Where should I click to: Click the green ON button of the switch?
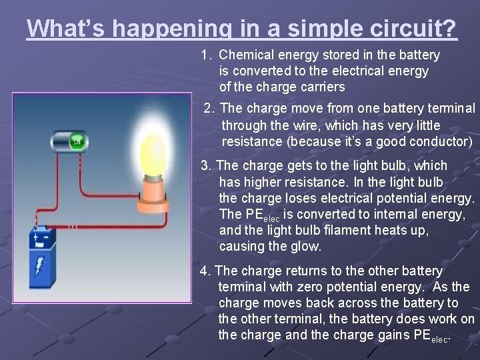(x=77, y=142)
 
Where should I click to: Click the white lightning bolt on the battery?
(x=39, y=265)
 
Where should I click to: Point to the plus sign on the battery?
(x=36, y=234)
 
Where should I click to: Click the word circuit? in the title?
(x=417, y=28)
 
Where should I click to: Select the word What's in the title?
(x=67, y=28)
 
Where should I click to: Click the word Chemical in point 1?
(x=248, y=55)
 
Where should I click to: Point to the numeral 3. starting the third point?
(x=207, y=165)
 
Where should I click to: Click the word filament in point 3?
(x=354, y=230)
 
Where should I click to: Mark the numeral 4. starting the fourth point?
(x=206, y=271)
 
